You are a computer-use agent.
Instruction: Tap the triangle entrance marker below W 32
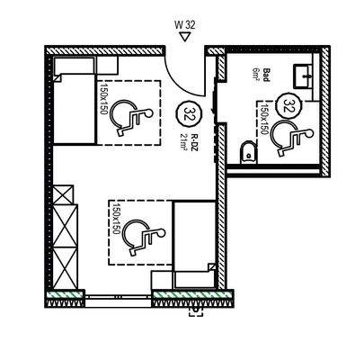pyautogui.click(x=184, y=39)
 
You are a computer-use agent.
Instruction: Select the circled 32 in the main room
pyautogui.click(x=190, y=113)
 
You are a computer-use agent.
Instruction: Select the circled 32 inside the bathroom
pyautogui.click(x=289, y=104)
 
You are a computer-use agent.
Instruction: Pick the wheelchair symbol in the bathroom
pyautogui.click(x=289, y=138)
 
